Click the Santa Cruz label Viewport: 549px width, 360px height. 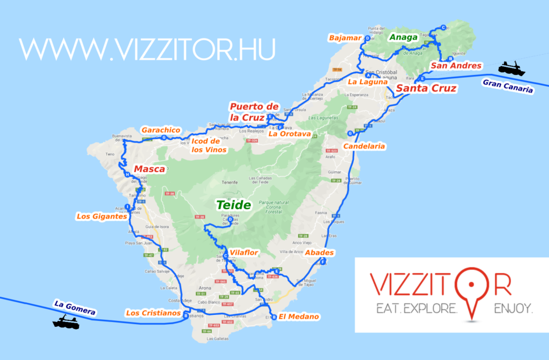[x=426, y=88]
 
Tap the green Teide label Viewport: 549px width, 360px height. [x=233, y=205]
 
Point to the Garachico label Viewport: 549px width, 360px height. [x=160, y=130]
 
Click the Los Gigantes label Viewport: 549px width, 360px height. [x=101, y=217]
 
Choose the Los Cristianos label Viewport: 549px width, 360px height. [x=152, y=313]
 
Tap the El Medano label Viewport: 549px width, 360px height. [x=299, y=317]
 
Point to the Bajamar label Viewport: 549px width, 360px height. [x=346, y=37]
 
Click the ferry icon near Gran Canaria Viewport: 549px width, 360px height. [x=511, y=68]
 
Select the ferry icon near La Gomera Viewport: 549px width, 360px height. [x=66, y=322]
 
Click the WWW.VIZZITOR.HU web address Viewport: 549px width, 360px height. [x=147, y=49]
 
